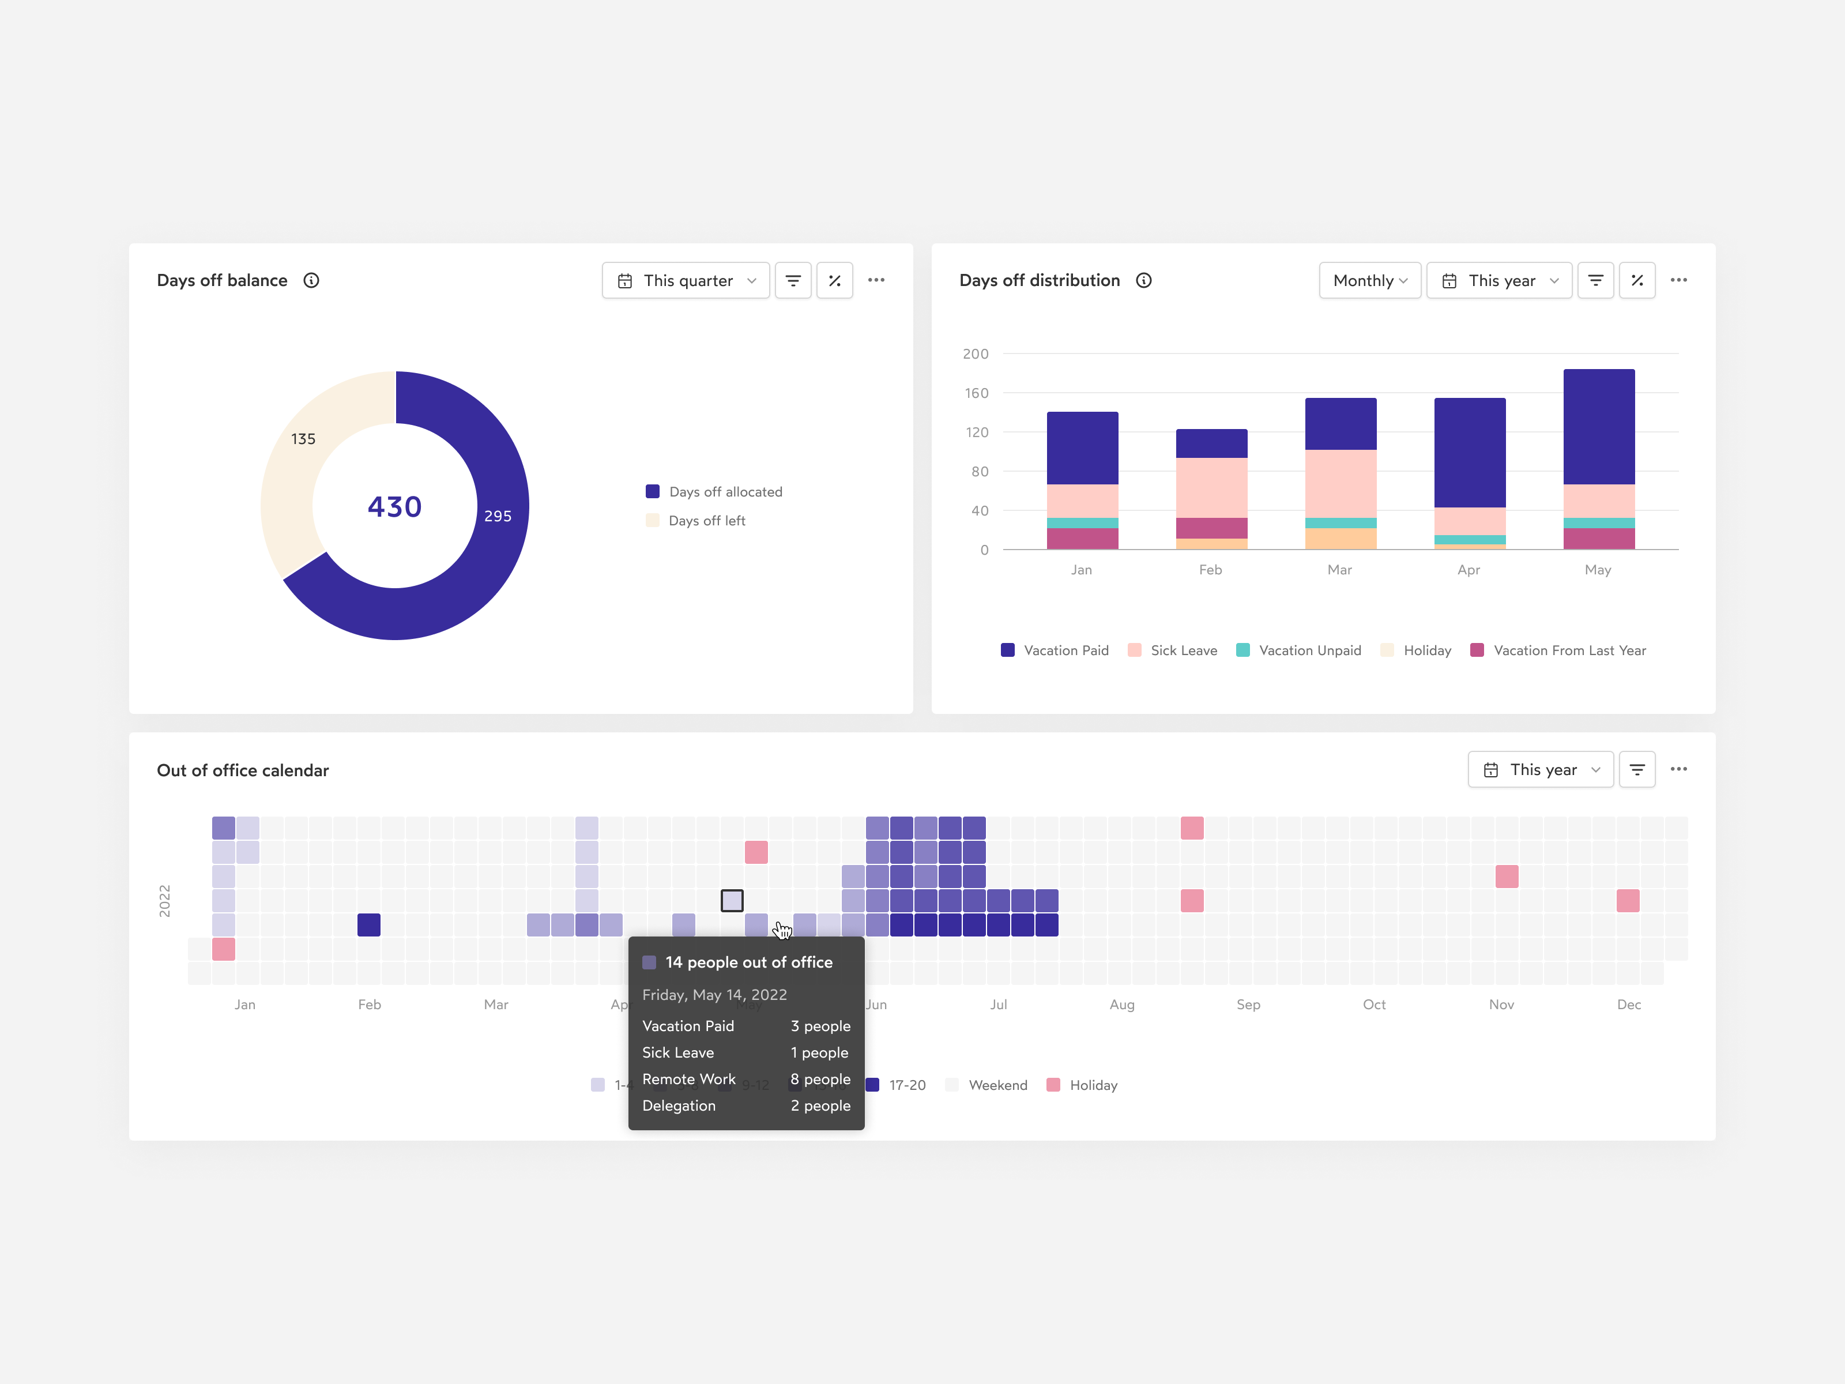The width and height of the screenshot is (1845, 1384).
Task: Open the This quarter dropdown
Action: click(686, 280)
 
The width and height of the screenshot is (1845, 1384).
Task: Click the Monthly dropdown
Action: click(1369, 280)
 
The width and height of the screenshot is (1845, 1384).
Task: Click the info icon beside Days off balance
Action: click(311, 280)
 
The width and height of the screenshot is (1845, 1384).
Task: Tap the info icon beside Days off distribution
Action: click(1143, 280)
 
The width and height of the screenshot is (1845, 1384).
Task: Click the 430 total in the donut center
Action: click(394, 506)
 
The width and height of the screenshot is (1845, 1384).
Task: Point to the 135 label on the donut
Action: click(303, 439)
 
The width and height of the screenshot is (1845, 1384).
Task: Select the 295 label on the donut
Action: click(498, 516)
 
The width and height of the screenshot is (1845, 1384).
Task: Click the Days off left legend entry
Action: click(706, 521)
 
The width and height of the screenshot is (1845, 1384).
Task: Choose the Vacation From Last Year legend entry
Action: click(1568, 650)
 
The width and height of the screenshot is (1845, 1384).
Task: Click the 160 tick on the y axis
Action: click(976, 393)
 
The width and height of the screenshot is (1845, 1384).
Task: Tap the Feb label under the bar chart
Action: click(1210, 570)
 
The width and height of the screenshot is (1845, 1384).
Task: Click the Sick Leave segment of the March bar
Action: click(1341, 483)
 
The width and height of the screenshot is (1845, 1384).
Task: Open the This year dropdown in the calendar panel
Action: click(1541, 769)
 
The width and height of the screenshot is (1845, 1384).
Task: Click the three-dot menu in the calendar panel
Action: click(1678, 769)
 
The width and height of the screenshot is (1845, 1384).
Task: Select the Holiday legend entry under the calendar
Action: click(1092, 1085)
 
